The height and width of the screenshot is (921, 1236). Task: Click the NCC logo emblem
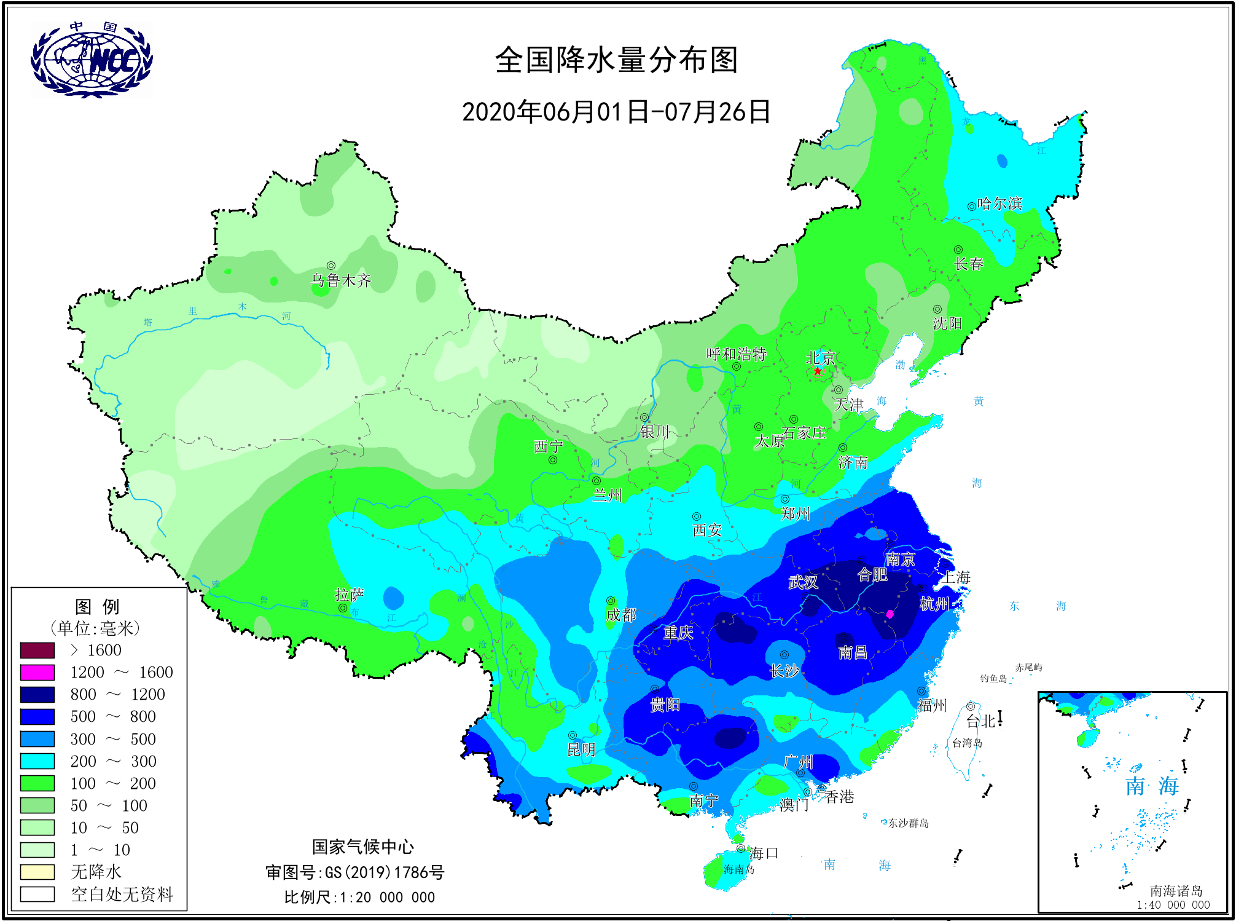[x=91, y=60]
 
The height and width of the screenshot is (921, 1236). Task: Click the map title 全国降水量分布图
[x=616, y=60]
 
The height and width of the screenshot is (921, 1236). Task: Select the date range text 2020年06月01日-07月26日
[x=616, y=112]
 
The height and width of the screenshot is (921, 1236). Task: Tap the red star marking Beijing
[x=818, y=371]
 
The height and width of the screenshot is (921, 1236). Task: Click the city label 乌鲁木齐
[x=341, y=280]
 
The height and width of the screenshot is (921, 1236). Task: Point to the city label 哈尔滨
[x=999, y=204]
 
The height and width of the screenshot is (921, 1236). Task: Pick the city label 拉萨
[x=349, y=595]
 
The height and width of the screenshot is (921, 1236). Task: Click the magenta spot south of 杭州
[x=890, y=614]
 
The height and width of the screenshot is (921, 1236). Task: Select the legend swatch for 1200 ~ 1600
[x=37, y=672]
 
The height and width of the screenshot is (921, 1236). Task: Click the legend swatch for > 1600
[x=37, y=650]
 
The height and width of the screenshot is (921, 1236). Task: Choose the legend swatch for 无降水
[x=37, y=872]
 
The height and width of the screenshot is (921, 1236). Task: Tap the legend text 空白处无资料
[x=122, y=894]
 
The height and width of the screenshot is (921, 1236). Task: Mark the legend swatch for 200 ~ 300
[x=37, y=761]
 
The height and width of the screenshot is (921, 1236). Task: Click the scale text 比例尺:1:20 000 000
[x=359, y=897]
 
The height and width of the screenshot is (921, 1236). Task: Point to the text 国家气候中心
[x=362, y=847]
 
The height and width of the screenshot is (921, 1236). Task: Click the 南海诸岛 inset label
[x=1176, y=890]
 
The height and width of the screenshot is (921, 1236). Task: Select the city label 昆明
[x=581, y=749]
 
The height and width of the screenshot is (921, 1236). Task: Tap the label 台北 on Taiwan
[x=980, y=721]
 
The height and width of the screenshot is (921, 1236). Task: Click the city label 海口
[x=764, y=853]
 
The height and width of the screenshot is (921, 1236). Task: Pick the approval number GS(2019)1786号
[x=385, y=872]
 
